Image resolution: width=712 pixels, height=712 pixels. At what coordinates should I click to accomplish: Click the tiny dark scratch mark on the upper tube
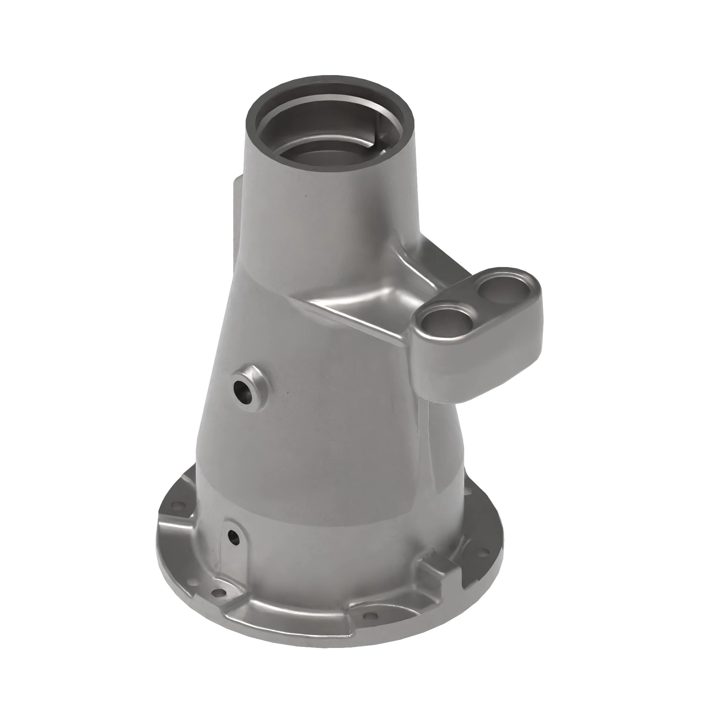click(x=305, y=195)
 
